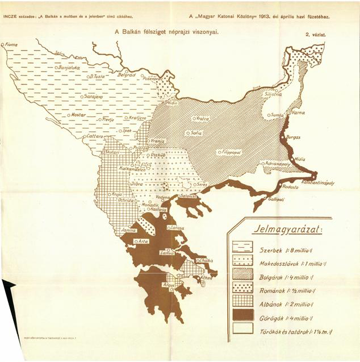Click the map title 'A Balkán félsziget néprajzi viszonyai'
click(167, 32)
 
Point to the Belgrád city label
click(125, 74)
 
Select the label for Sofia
click(196, 133)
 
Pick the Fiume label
click(11, 44)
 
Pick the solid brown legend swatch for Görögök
click(242, 314)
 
